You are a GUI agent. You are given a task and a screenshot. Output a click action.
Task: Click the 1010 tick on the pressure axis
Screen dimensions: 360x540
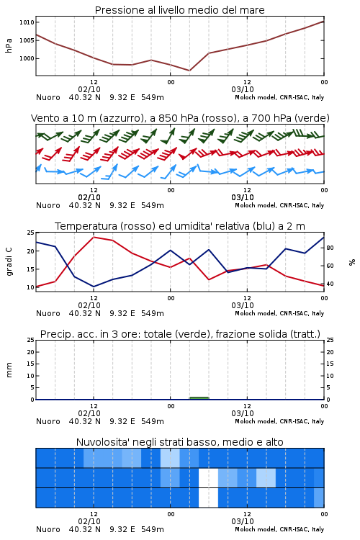click(27, 22)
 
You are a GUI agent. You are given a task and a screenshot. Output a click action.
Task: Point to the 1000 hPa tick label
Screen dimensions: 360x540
click(27, 58)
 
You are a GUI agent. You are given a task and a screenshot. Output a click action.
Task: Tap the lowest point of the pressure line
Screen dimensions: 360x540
click(189, 71)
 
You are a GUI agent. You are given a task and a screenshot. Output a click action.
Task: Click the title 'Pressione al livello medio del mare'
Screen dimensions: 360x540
click(180, 10)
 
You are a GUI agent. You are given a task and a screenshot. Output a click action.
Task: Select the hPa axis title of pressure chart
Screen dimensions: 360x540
click(9, 45)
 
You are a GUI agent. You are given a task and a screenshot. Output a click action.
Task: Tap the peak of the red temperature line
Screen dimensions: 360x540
click(94, 237)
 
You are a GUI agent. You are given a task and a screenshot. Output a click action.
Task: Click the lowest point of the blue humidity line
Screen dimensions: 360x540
click(94, 287)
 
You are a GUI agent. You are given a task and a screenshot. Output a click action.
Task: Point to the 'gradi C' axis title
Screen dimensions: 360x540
click(9, 262)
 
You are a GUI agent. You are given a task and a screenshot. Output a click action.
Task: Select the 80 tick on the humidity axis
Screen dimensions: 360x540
click(330, 248)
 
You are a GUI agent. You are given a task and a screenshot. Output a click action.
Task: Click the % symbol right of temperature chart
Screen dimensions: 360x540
click(352, 262)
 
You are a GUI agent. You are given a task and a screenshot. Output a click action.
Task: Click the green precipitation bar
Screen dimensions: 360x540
click(199, 398)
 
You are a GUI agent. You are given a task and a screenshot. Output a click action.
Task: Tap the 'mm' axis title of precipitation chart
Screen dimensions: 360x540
click(9, 370)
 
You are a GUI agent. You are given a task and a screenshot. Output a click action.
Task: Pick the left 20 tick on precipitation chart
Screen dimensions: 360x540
click(30, 352)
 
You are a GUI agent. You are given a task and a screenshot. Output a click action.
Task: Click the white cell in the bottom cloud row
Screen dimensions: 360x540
click(208, 498)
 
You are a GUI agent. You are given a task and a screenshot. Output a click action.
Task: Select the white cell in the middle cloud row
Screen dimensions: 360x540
click(208, 477)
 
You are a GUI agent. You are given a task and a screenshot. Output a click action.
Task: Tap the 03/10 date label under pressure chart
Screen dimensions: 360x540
click(243, 89)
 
